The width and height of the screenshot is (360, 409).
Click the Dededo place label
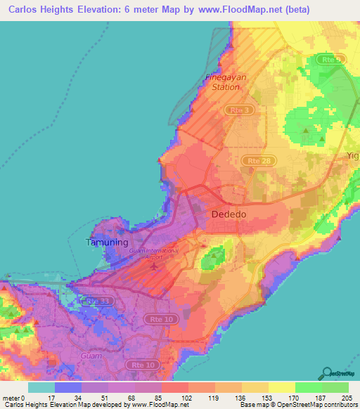coord(229,213)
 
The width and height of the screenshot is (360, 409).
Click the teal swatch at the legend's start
coord(41,387)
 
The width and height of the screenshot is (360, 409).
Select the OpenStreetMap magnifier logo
coord(328,372)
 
